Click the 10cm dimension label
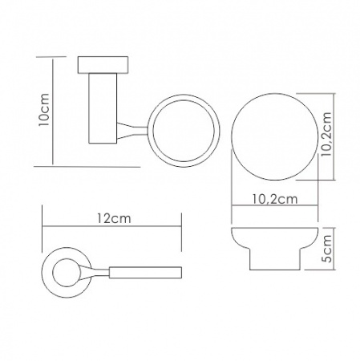[44, 110]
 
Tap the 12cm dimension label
[114, 219]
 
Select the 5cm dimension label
[326, 249]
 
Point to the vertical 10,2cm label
[326, 134]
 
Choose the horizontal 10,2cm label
[275, 199]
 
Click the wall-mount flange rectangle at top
[103, 65]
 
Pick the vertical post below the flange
[103, 108]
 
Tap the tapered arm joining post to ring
[132, 131]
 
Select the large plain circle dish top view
[275, 136]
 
